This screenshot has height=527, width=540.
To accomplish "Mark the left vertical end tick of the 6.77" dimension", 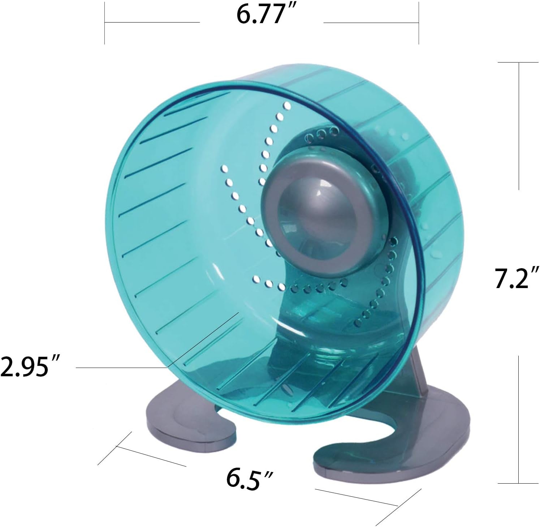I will click(x=105, y=22).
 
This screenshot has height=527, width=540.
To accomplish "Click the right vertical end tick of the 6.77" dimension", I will click(x=419, y=22).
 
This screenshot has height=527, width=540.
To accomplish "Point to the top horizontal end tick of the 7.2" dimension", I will click(x=518, y=63).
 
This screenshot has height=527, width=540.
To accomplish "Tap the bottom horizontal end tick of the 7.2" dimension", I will click(x=518, y=483).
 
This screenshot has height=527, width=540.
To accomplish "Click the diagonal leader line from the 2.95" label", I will click(x=202, y=340).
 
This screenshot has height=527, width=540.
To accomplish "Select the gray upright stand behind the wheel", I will click(x=419, y=376).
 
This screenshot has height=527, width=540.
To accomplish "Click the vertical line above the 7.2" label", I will click(x=519, y=127).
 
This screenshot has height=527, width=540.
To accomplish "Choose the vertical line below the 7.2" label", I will click(x=519, y=419).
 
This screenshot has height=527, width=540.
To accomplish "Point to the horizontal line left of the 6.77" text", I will click(x=152, y=22).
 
